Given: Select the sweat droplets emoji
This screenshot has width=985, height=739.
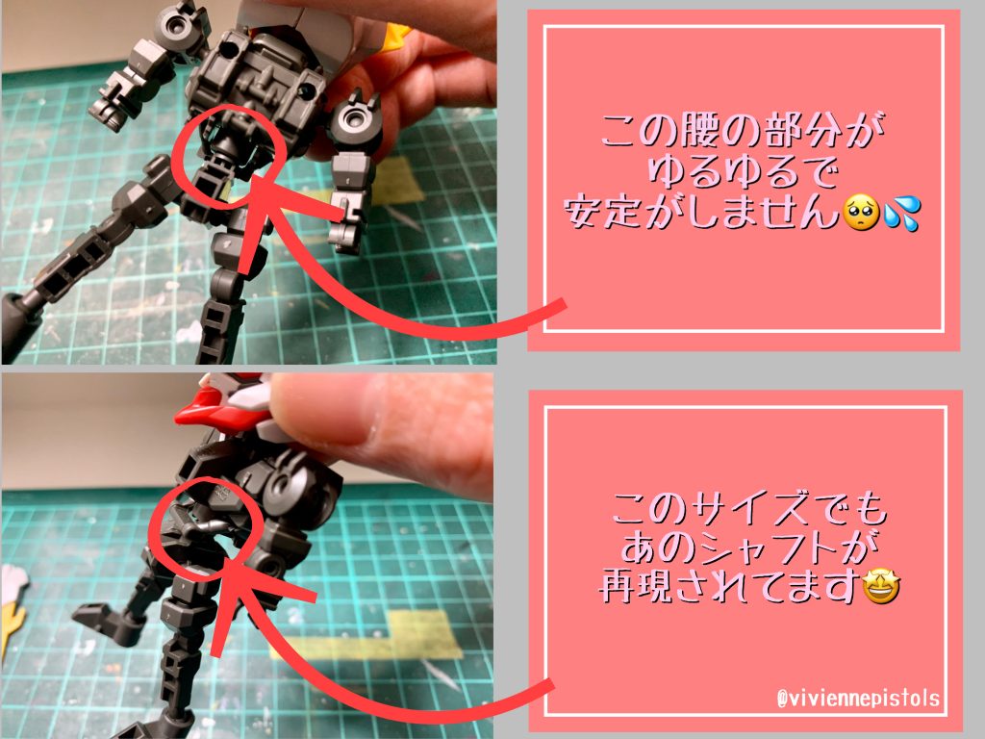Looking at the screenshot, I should click(898, 214).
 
